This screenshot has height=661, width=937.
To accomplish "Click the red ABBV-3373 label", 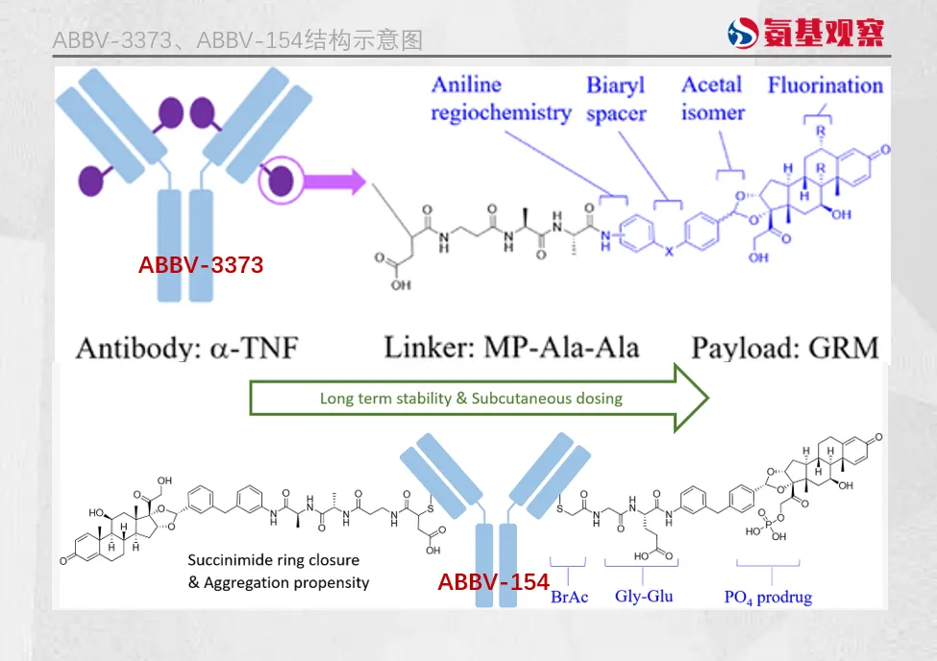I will click(x=200, y=264).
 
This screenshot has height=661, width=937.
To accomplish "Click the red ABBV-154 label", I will click(x=493, y=581).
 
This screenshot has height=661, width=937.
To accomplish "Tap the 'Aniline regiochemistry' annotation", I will click(x=500, y=98).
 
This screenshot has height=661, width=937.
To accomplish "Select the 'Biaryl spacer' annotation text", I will click(x=616, y=99).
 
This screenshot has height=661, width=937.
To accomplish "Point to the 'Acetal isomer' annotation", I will click(x=712, y=98).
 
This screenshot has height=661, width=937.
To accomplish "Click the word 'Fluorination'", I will click(x=825, y=85).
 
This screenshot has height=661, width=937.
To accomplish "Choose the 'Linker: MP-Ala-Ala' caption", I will click(x=511, y=346).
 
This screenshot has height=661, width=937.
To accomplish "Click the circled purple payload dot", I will click(x=284, y=180).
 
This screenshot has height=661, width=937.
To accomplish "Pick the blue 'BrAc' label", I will click(x=569, y=598).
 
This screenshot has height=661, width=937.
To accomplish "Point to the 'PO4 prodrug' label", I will click(x=768, y=597).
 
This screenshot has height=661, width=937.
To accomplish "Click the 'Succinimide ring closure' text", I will click(x=274, y=560).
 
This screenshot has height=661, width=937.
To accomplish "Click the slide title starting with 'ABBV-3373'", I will click(x=237, y=40).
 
